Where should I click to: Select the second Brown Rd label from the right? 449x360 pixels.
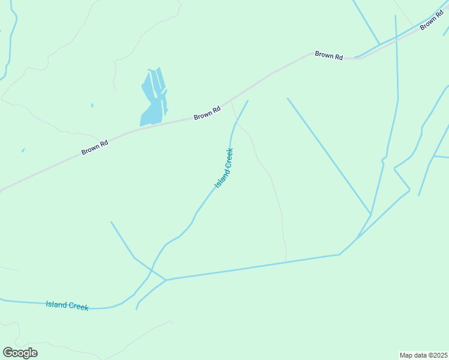pos(329,55)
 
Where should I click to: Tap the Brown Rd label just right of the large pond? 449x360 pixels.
pos(207,112)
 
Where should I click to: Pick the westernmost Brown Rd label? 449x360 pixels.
pos(95,147)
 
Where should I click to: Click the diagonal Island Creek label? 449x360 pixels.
pos(224,168)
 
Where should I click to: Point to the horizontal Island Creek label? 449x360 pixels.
pos(67,305)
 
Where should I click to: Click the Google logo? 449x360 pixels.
pos(20,353)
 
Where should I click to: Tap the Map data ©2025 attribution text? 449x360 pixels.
pos(423,355)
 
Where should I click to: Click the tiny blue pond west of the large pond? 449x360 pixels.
pos(92,106)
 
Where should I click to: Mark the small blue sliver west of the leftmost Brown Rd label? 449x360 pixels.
pos(23,150)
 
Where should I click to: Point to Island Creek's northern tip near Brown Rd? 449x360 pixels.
pos(247,101)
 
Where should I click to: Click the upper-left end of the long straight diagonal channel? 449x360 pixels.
pos(288,98)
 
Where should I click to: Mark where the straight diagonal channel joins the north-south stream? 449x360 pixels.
pos(370,214)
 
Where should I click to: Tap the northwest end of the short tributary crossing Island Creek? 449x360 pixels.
pos(111,222)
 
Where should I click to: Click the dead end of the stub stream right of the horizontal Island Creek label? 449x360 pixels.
pos(137,309)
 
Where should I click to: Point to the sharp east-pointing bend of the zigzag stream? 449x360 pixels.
pos(409,190)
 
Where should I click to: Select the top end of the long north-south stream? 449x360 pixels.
pos(396,16)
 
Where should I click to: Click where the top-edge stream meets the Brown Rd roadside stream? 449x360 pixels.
pos(379,44)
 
